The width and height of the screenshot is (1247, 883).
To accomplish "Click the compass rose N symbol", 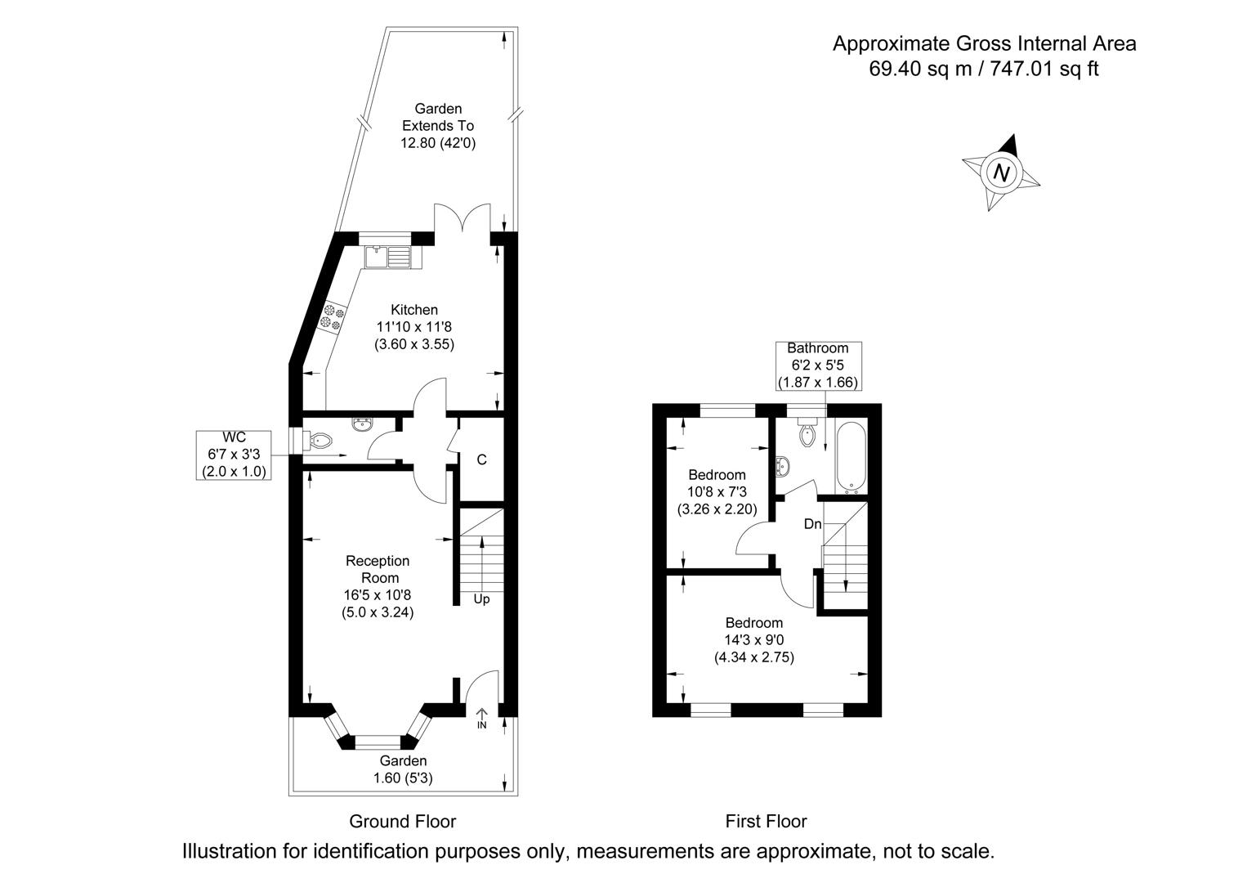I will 1001,173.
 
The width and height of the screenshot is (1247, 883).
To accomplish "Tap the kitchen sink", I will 388,257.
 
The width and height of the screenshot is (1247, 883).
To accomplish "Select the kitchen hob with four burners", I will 333,317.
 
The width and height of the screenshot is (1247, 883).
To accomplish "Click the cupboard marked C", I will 482,459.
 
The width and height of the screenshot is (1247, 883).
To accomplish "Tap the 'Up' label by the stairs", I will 481,599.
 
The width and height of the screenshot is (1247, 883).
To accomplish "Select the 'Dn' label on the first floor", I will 812,524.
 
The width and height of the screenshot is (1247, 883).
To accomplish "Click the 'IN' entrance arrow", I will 481,719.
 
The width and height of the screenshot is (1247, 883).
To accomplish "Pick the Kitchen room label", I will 414,310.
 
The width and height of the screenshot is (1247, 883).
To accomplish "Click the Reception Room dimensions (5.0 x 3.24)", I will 378,612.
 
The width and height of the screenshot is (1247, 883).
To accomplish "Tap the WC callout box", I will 234,455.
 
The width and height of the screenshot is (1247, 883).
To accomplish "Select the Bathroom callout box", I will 817,365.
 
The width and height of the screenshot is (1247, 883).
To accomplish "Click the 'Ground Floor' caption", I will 402,821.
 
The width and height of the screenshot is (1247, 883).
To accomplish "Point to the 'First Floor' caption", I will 766,821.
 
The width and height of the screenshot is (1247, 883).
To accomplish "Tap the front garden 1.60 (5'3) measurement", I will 402,778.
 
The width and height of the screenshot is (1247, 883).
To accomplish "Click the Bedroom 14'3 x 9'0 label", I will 753,639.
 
